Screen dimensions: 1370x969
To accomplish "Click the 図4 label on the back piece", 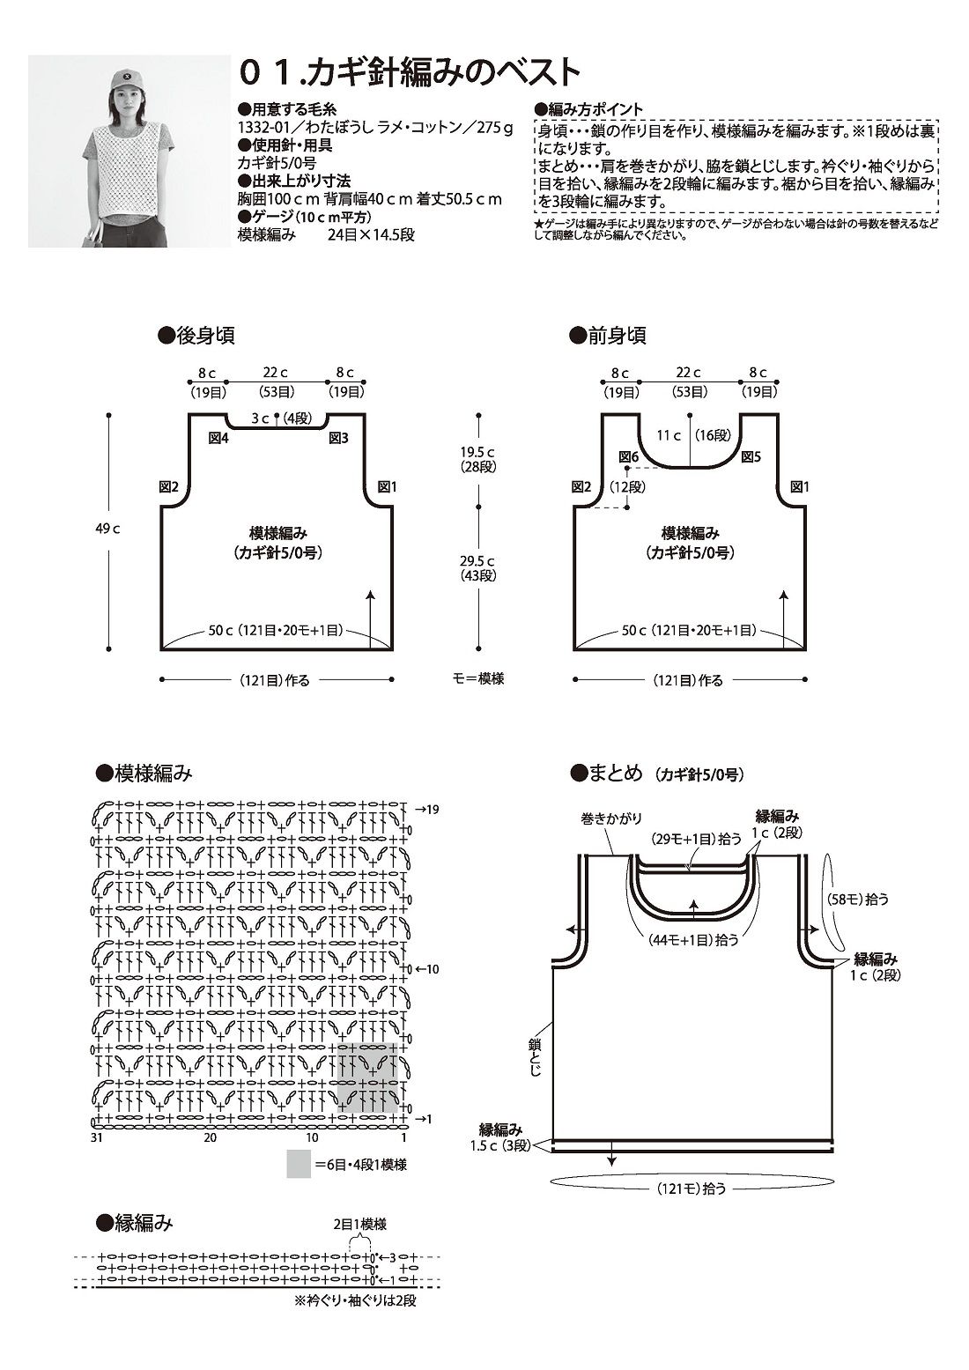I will [218, 438].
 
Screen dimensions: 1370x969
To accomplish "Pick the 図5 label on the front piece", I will [751, 456].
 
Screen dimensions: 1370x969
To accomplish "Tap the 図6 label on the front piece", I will [628, 456].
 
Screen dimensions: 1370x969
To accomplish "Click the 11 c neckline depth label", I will [669, 434].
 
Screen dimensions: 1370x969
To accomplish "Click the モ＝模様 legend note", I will [479, 679].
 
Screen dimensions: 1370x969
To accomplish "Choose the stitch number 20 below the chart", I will [210, 1137].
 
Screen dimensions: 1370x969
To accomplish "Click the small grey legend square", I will [298, 1164].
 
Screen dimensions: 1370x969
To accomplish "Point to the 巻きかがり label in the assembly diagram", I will [604, 817].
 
